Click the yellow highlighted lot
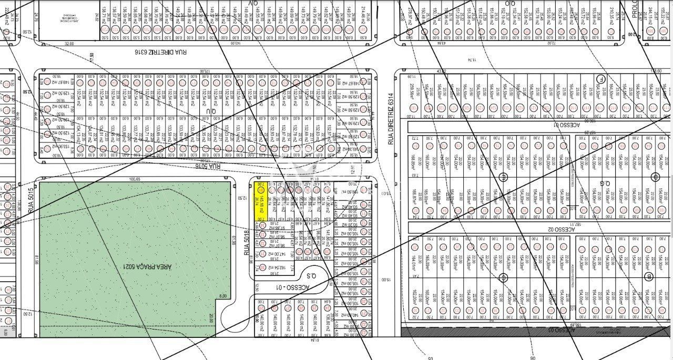tap(259, 200)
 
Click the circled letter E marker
tap(503, 177)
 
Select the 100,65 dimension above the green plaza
tap(136, 179)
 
